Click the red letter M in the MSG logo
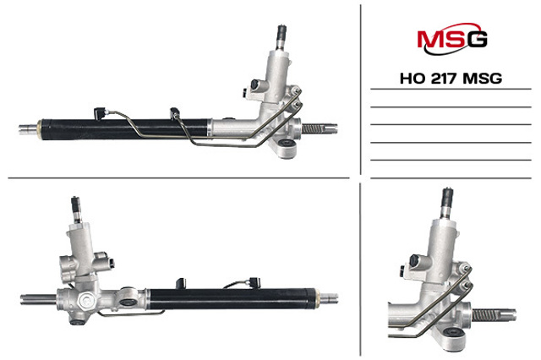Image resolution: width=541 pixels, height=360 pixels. [x=429, y=39]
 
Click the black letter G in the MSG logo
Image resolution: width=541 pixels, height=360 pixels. [x=477, y=39]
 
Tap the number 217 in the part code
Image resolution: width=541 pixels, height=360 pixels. [x=445, y=79]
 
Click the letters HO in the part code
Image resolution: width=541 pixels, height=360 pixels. [x=413, y=79]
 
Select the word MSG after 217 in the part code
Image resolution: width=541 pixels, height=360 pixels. [x=482, y=79]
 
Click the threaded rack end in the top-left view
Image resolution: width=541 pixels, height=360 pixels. [x=314, y=128]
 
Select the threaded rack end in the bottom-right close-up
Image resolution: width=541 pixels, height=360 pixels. [x=486, y=315]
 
